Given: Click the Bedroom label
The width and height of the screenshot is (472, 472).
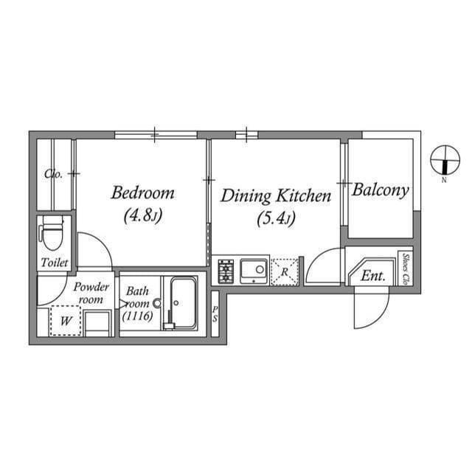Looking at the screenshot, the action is [x=142, y=193].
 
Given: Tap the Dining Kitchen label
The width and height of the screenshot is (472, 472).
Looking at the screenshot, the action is [x=276, y=196].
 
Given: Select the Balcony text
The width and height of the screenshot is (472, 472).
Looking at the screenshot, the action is [x=381, y=191].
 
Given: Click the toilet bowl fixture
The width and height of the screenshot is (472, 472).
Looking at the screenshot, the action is [x=52, y=233].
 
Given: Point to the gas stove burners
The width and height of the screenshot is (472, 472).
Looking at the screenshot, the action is [x=226, y=271].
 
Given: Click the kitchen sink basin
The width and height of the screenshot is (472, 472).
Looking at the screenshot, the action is [x=254, y=271].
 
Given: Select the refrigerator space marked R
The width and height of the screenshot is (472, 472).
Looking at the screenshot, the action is [x=285, y=272].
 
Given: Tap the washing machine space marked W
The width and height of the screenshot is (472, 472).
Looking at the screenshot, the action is [x=66, y=321].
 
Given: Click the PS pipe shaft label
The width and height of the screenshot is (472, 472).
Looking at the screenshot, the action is [x=215, y=313].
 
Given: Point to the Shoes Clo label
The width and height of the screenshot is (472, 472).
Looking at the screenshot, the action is [x=406, y=269].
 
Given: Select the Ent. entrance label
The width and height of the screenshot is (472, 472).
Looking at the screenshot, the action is [x=373, y=275].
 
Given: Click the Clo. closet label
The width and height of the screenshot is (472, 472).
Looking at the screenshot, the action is [x=53, y=174].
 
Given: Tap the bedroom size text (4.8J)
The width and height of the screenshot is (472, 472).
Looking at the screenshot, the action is [x=142, y=215].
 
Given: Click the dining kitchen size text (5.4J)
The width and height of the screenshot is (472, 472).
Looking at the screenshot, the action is [x=276, y=218].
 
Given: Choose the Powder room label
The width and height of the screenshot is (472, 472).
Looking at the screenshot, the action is [x=91, y=293].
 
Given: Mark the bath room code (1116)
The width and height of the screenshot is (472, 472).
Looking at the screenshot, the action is [x=138, y=316].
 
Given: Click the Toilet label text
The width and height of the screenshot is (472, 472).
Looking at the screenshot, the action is [x=55, y=263].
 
